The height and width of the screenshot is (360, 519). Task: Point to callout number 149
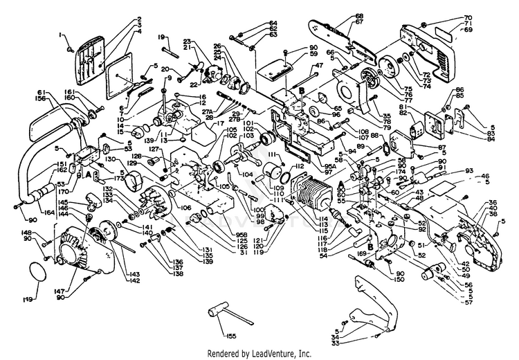[28, 300]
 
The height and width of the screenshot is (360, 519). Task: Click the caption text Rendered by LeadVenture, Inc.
[259, 353]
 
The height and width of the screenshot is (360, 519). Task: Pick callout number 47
[319, 66]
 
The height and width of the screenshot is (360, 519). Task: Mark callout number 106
[187, 207]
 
